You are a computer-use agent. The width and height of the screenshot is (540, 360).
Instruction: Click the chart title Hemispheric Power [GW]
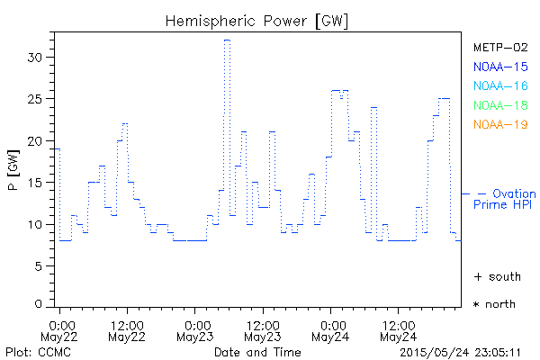(257, 20)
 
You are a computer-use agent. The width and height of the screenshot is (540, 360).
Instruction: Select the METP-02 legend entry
(499, 48)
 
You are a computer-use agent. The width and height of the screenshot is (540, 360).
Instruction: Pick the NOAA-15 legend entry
(499, 67)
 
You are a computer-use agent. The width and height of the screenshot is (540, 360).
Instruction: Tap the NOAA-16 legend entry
(499, 85)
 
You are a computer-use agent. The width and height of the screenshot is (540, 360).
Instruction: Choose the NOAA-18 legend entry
(499, 105)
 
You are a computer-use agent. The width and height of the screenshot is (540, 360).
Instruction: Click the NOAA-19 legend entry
(499, 124)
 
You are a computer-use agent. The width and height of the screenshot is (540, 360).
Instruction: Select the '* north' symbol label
(494, 304)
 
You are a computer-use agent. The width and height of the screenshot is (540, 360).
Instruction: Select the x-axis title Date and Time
(257, 351)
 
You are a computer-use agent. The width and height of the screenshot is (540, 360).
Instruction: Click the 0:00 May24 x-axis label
(332, 330)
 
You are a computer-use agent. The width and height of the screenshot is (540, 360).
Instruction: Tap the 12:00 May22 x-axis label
(127, 330)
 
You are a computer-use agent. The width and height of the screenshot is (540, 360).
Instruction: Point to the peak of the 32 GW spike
(227, 40)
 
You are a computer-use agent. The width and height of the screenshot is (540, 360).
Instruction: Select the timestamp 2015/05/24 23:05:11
(462, 351)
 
